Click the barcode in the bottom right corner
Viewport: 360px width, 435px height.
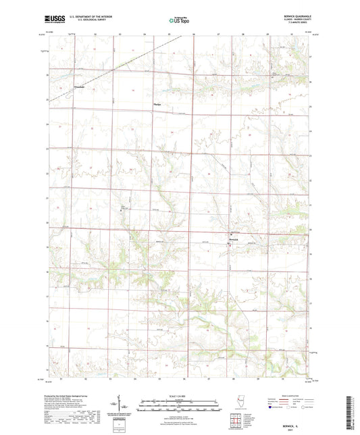tap(352, 412)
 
